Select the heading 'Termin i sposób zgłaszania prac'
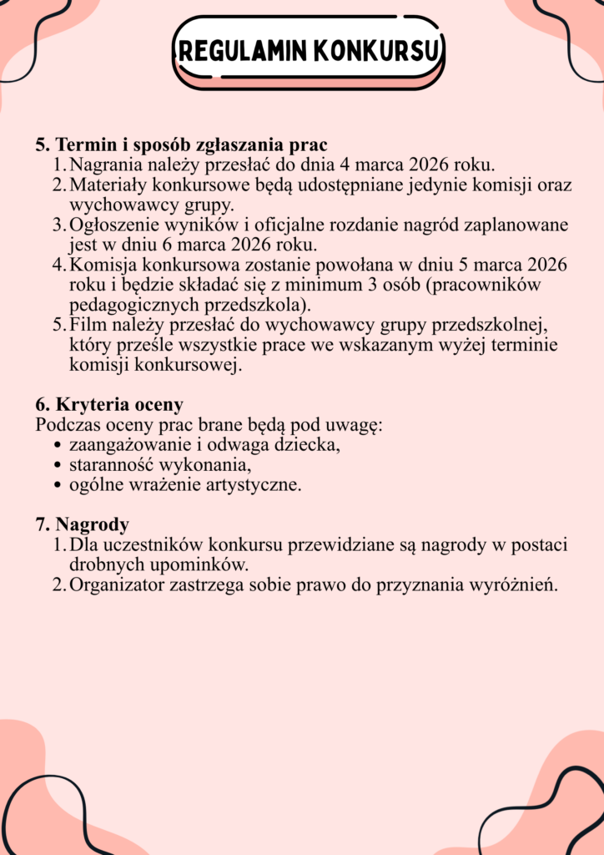tap(191, 144)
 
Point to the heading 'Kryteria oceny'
tap(118, 405)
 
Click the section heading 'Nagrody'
tap(92, 524)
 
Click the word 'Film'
tap(86, 326)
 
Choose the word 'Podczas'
tap(67, 425)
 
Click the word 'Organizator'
tap(119, 584)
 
